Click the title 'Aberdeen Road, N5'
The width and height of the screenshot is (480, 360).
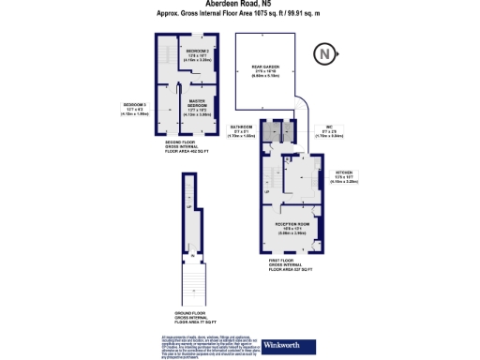coord(238,5)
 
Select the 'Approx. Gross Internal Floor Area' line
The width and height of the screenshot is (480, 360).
coord(238,14)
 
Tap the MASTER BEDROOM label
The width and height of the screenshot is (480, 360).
coord(197,106)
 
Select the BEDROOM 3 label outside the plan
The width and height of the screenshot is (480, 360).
coord(136,108)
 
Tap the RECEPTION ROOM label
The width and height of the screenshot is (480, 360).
coord(292,226)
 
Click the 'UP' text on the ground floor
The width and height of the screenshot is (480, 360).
coord(188,207)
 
